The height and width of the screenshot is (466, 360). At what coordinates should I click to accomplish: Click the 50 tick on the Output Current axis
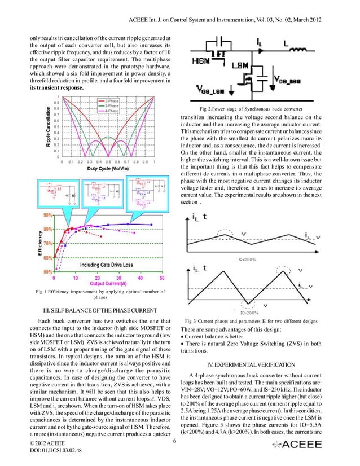coord(162,278)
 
